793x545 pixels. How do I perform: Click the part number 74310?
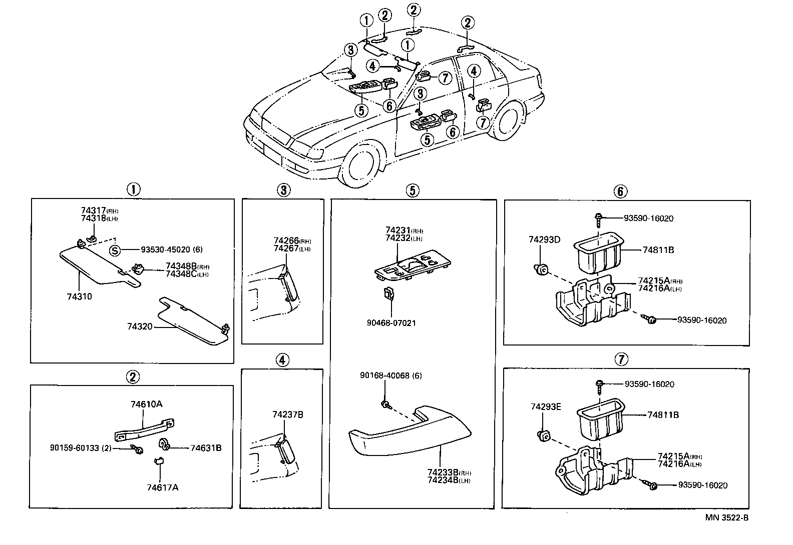pyautogui.click(x=79, y=296)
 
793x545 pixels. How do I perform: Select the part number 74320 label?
pyautogui.click(x=139, y=326)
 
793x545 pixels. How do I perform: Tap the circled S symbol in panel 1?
pyautogui.click(x=115, y=250)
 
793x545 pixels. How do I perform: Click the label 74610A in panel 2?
pyautogui.click(x=146, y=404)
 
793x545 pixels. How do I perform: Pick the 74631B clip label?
pyautogui.click(x=206, y=447)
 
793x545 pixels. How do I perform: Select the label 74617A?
pyautogui.click(x=162, y=487)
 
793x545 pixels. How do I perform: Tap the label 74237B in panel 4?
pyautogui.click(x=288, y=414)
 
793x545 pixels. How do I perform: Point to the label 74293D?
pyautogui.click(x=544, y=239)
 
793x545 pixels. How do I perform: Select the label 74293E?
pyautogui.click(x=546, y=407)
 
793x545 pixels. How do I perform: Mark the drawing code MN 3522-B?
pyautogui.click(x=727, y=518)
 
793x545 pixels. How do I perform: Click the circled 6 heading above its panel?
pyautogui.click(x=620, y=190)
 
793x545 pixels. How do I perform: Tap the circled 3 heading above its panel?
pyautogui.click(x=283, y=190)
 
